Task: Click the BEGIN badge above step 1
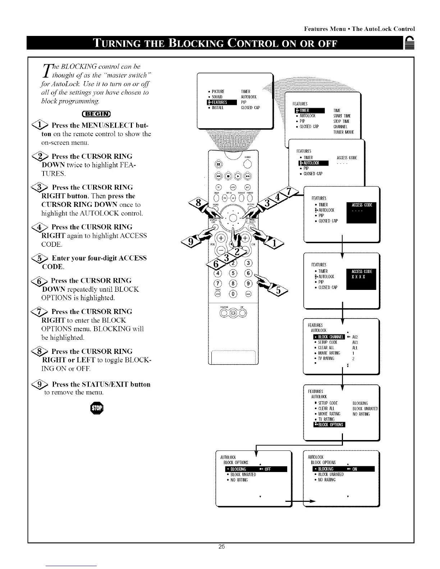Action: coord(97,115)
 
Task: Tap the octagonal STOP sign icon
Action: coord(97,408)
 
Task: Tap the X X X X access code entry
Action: coord(358,277)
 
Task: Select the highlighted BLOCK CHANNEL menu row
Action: coord(329,337)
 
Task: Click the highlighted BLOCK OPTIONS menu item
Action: coord(329,425)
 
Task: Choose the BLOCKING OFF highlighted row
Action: coord(256,469)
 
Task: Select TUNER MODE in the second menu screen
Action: coord(344,132)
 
